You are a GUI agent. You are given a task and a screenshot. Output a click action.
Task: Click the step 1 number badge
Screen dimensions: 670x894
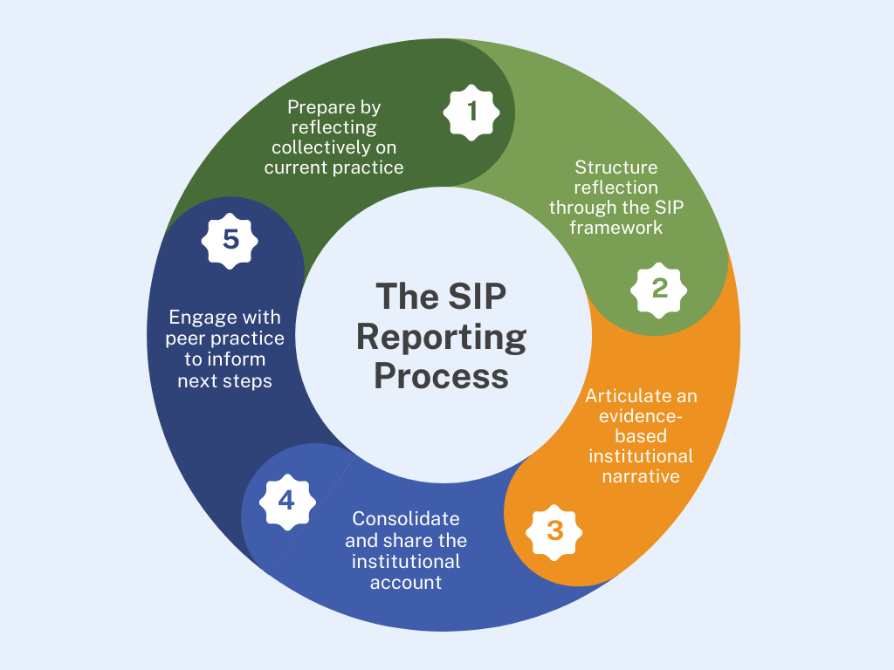[x=472, y=112]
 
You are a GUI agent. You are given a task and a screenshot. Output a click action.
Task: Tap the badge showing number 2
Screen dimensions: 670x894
[x=660, y=288]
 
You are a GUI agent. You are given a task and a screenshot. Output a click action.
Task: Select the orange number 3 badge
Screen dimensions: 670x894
[x=554, y=530]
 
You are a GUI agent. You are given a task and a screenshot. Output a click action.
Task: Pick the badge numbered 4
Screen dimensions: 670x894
[x=286, y=502]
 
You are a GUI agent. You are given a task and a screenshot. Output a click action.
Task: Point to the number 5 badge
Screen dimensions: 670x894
[x=230, y=238]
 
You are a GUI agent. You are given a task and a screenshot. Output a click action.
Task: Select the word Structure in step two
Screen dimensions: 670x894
[x=615, y=167]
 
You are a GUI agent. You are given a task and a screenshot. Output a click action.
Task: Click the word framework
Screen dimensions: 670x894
[x=616, y=227]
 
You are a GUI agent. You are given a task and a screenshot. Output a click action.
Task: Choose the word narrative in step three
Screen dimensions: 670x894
[x=641, y=476]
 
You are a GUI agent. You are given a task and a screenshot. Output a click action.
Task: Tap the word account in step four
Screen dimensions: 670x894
[x=405, y=582]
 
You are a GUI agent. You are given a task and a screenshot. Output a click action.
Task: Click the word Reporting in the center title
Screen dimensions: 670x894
[x=441, y=336]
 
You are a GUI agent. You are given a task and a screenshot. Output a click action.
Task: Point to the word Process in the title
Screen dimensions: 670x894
[x=441, y=376]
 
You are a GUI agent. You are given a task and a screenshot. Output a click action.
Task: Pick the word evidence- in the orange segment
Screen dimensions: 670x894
[x=641, y=416]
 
